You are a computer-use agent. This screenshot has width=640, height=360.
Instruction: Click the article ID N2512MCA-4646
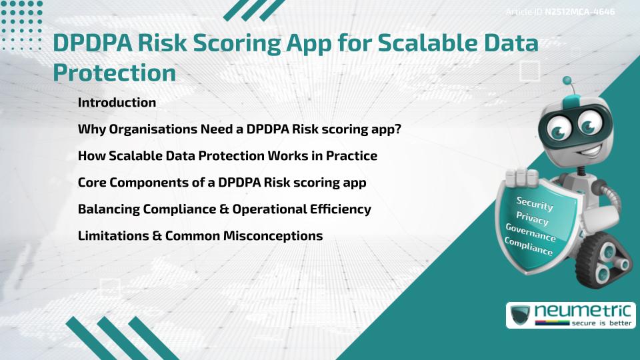coord(559,11)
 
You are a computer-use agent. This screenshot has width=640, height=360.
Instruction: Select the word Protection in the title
coord(114,73)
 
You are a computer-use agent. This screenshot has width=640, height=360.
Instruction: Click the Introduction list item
coord(117,103)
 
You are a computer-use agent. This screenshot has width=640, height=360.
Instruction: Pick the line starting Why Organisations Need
coord(239,129)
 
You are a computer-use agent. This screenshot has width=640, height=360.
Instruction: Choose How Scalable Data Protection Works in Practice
coord(227,156)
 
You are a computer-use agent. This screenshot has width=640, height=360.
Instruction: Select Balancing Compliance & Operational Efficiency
coord(224,209)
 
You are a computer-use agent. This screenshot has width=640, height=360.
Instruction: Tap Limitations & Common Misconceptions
coord(200,235)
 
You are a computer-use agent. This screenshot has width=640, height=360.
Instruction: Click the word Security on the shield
coord(535,203)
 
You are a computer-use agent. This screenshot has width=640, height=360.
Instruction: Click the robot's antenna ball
coord(568,81)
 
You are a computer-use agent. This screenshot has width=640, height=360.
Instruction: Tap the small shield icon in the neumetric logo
coord(521,315)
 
